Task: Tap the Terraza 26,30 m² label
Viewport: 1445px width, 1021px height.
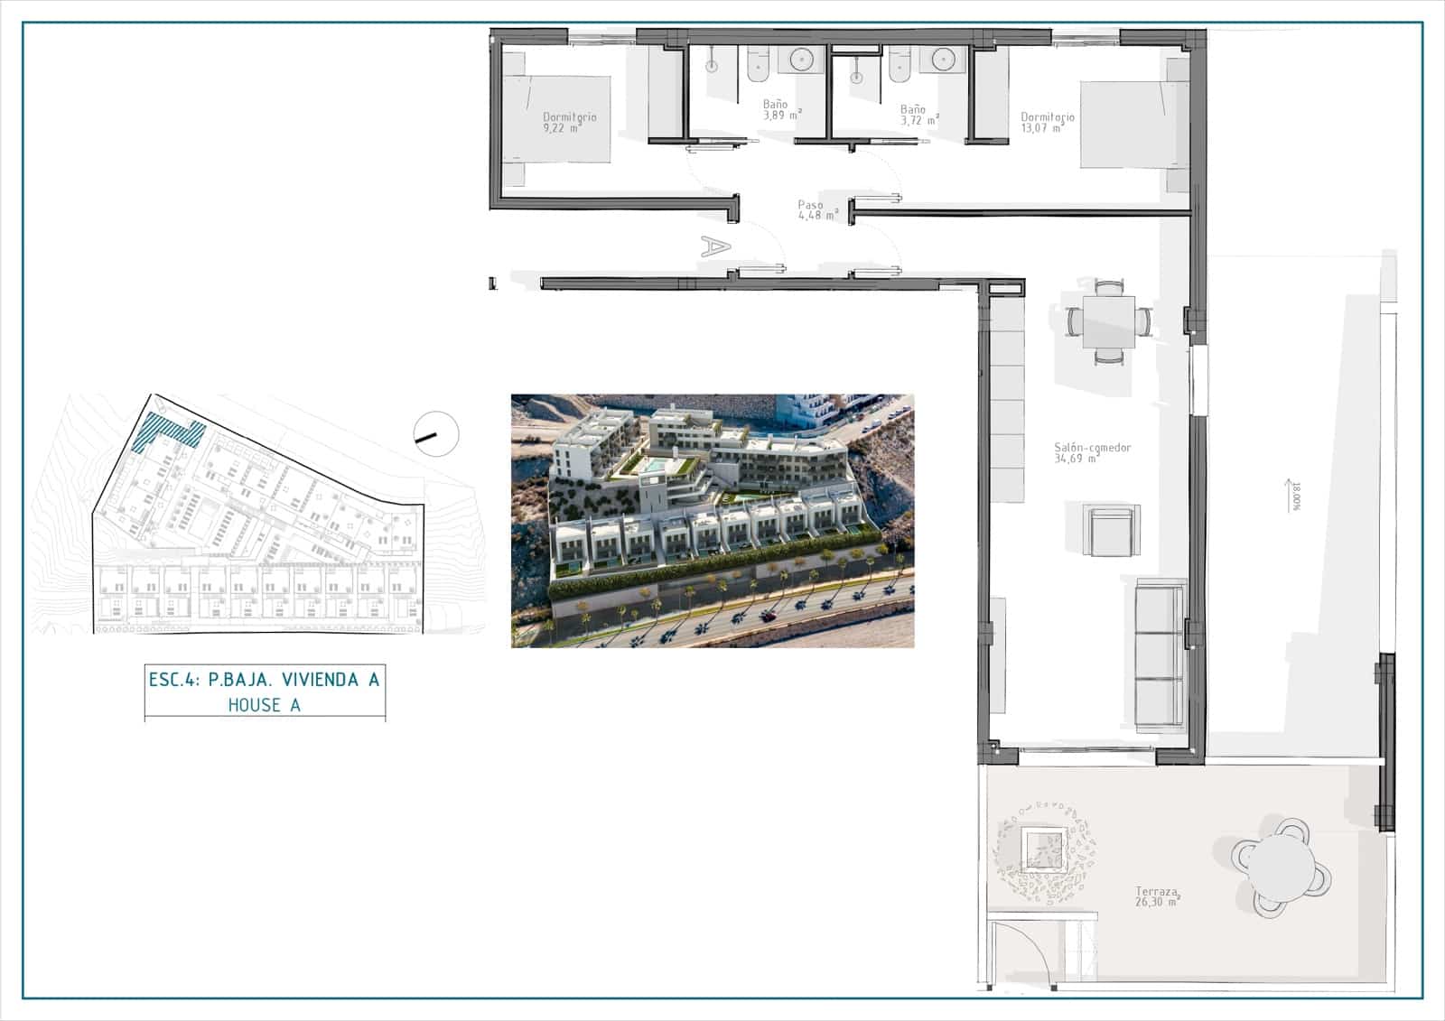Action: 1157,896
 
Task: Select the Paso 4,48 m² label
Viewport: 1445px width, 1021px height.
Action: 818,209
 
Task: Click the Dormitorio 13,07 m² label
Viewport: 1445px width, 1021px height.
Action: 1048,123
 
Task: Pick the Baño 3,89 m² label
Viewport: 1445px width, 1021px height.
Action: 782,109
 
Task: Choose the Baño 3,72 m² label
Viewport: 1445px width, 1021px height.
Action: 919,115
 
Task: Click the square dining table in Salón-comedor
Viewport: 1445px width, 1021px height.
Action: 1109,322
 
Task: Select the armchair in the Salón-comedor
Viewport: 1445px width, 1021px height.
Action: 1112,530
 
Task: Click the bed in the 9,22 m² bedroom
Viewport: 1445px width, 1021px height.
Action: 556,119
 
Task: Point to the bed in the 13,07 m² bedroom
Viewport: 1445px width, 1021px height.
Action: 1134,125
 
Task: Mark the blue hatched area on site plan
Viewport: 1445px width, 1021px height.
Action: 169,432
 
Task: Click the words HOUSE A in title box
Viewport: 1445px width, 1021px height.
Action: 265,705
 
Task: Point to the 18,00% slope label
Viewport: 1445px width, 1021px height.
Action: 1296,496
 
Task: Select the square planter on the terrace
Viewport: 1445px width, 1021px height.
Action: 1043,849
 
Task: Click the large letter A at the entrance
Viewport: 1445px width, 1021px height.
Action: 715,246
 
